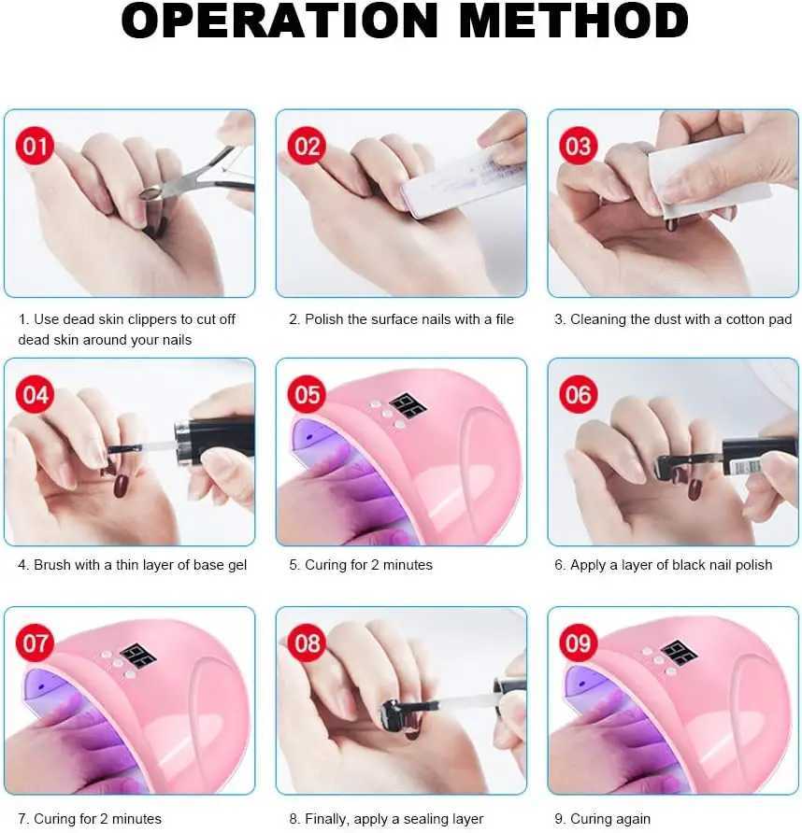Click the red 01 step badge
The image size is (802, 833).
[x=35, y=146]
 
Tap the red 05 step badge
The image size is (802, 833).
[x=307, y=394]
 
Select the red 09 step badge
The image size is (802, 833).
[x=578, y=642]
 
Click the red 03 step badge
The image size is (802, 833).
[x=578, y=146]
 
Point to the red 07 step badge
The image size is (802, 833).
[x=35, y=642]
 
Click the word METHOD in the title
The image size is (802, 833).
[x=574, y=21]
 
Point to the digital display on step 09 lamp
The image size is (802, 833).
[x=680, y=654]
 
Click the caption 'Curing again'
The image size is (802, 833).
[x=610, y=819]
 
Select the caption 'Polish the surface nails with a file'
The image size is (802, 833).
[x=409, y=319]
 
